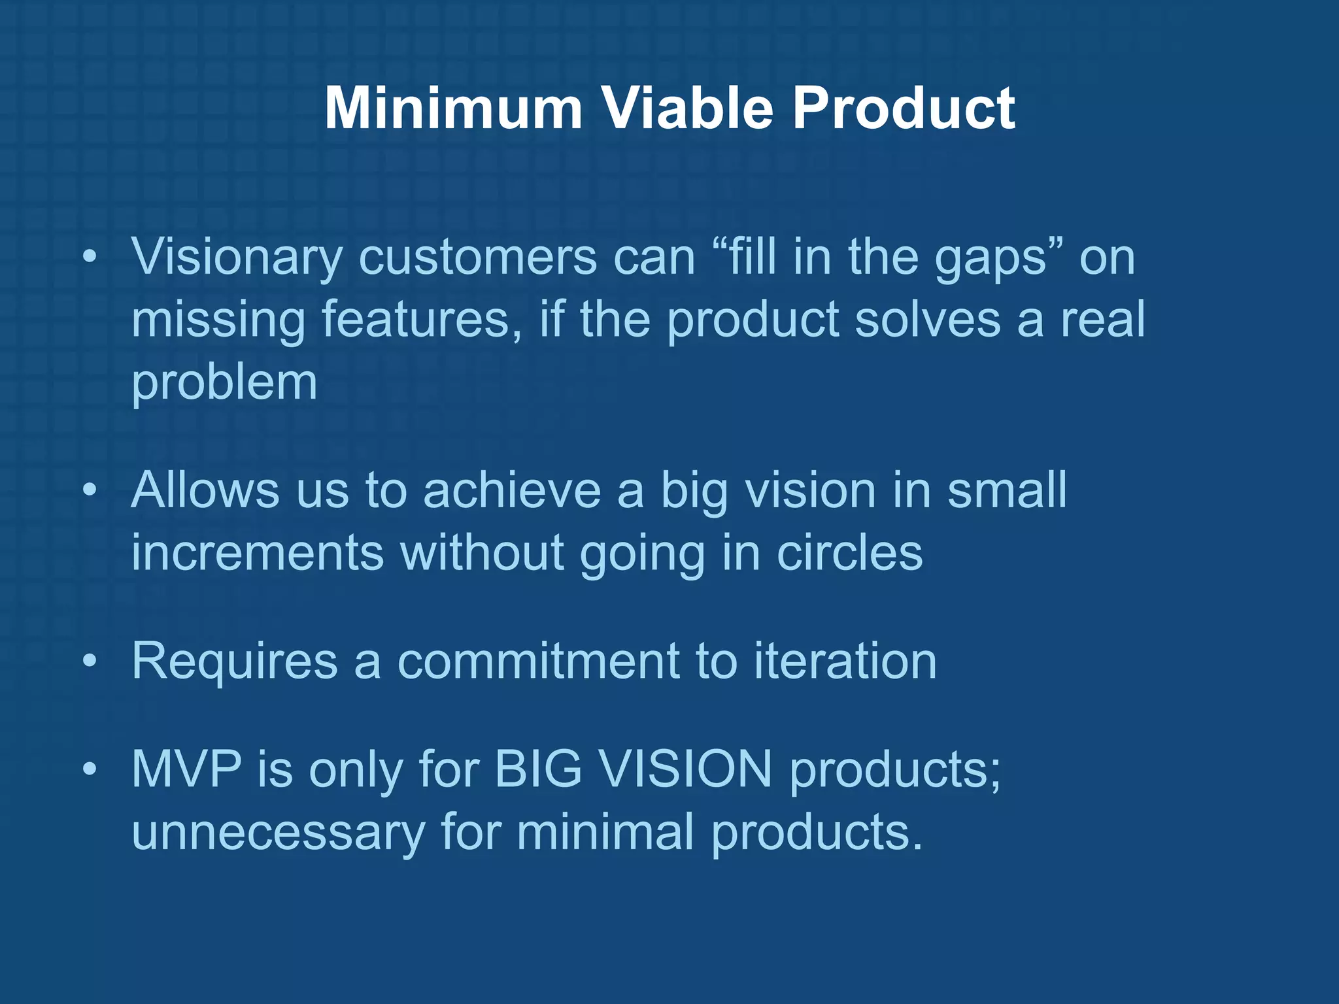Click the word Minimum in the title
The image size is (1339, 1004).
pos(452,108)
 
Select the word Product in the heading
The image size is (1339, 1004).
pos(904,108)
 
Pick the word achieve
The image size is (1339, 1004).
pos(512,490)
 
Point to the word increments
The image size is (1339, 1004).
pos(257,553)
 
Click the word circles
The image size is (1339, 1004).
pos(849,553)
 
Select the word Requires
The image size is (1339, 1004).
pos(235,662)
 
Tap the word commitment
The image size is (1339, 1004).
pos(538,662)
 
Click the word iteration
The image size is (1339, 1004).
pos(845,662)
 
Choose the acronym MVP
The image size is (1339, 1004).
pos(186,769)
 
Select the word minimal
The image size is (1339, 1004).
pos(605,832)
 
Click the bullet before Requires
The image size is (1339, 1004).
pos(90,662)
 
